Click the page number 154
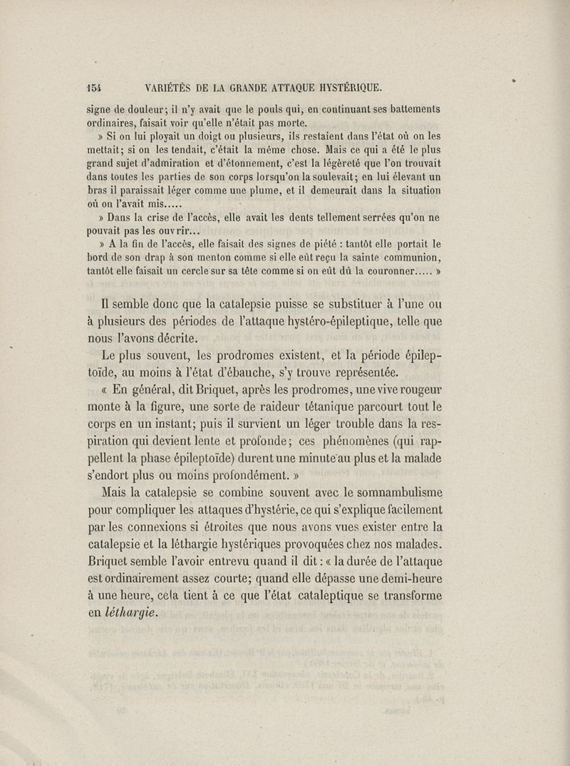93,88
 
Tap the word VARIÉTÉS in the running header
172,88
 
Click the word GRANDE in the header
257,88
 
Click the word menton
197,258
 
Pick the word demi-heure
407,577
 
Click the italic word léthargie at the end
131,613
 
